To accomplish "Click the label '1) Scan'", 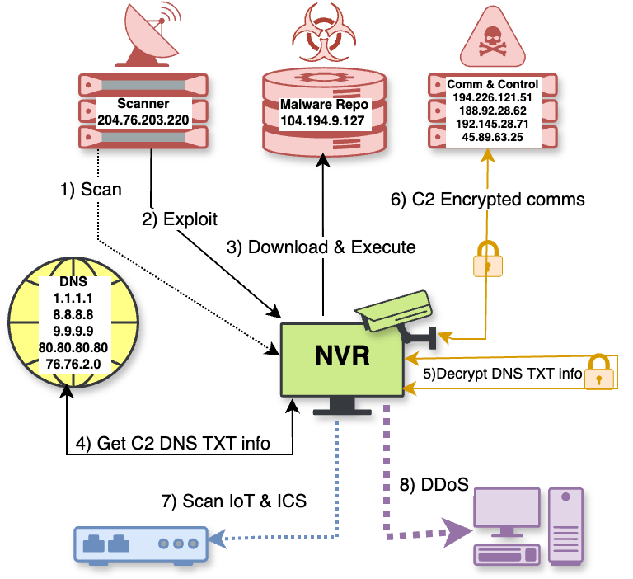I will click(91, 190).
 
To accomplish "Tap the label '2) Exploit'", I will click(180, 219).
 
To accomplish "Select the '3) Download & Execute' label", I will click(321, 247).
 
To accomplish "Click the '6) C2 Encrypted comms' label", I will click(488, 199).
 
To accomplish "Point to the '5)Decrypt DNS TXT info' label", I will click(503, 374).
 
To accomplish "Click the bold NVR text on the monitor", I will click(342, 356).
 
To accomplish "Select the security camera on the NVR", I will click(396, 313).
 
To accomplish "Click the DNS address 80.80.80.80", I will click(73, 349).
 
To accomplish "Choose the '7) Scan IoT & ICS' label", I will click(233, 501).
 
